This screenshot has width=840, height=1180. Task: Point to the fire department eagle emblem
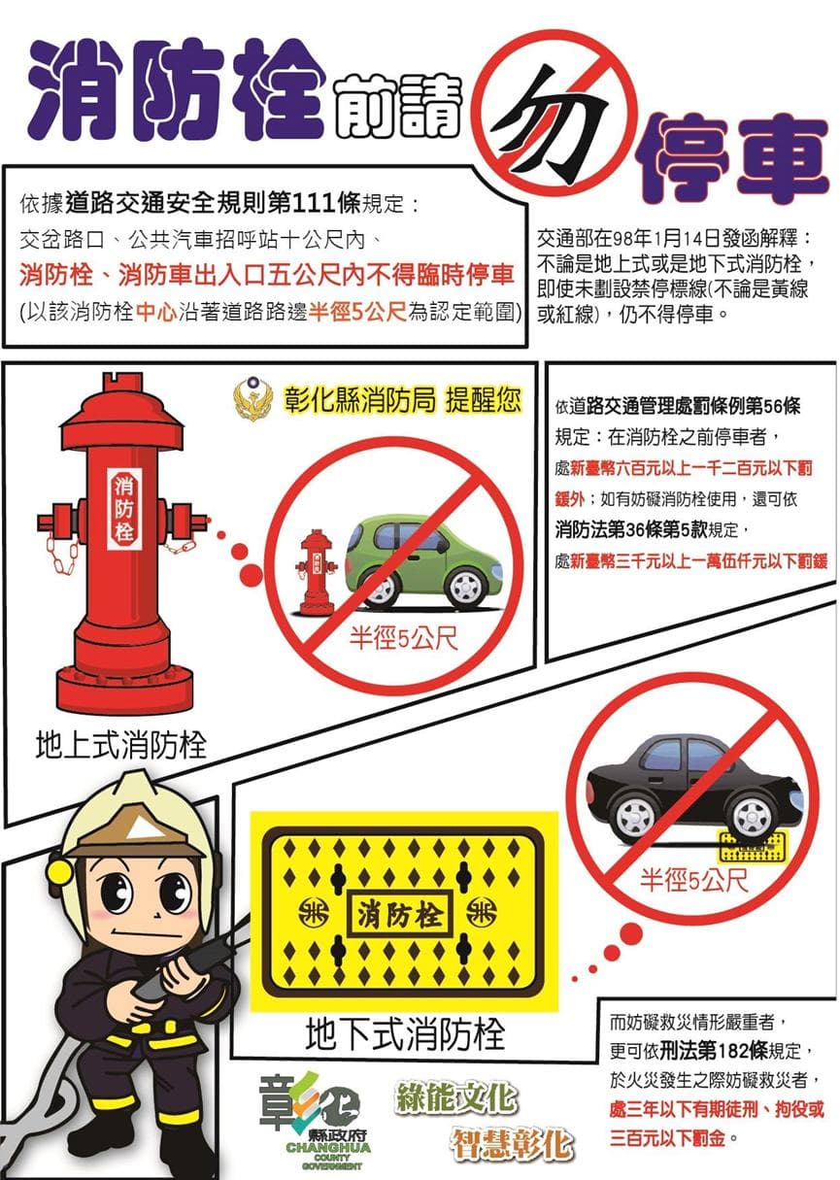tap(253, 399)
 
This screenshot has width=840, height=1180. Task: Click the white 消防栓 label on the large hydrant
tap(124, 508)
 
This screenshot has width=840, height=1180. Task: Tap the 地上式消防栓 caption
tap(121, 746)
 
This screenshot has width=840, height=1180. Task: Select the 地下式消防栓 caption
tap(405, 1033)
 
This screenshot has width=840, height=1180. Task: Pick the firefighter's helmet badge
tap(139, 829)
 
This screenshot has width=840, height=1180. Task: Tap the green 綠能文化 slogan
tap(456, 1097)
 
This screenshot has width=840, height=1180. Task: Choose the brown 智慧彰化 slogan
tap(512, 1144)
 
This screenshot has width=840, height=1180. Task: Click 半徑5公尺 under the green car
tap(404, 638)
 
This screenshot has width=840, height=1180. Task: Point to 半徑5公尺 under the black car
tap(694, 880)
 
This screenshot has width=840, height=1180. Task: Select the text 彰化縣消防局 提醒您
tap(401, 400)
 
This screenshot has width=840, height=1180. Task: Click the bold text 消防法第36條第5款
tap(631, 529)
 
